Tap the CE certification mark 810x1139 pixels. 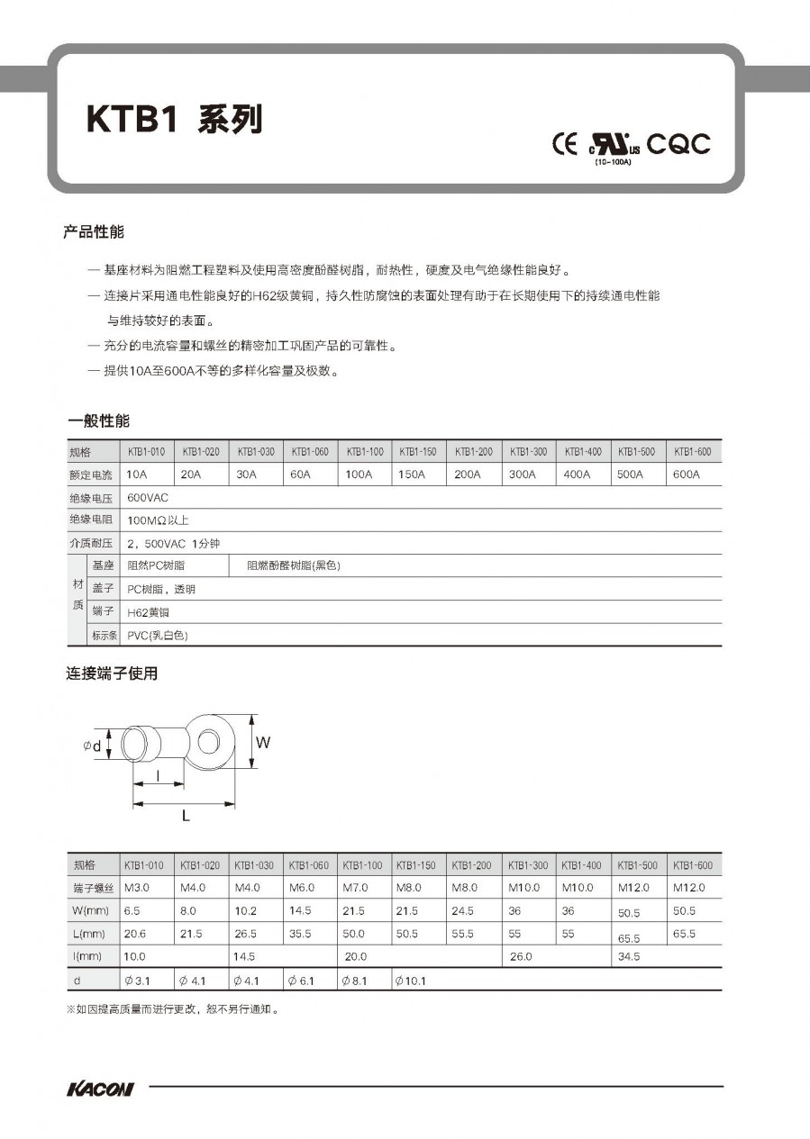pos(565,144)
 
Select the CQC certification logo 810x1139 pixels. pos(678,144)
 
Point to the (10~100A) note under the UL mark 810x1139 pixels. pos(614,162)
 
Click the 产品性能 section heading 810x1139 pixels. pos(94,232)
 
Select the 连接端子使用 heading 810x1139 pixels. pos(112,673)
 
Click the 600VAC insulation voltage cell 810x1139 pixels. pos(149,497)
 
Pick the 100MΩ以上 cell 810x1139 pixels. pos(158,520)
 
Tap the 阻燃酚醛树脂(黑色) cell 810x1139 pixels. pos(294,565)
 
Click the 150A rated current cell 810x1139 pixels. pos(412,475)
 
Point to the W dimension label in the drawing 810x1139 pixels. pos(263,743)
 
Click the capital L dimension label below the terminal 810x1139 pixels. pos(186,816)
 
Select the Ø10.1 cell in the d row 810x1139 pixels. pos(411,981)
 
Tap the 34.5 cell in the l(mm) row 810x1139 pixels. pos(629,956)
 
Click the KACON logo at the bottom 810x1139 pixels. pos(100,1089)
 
